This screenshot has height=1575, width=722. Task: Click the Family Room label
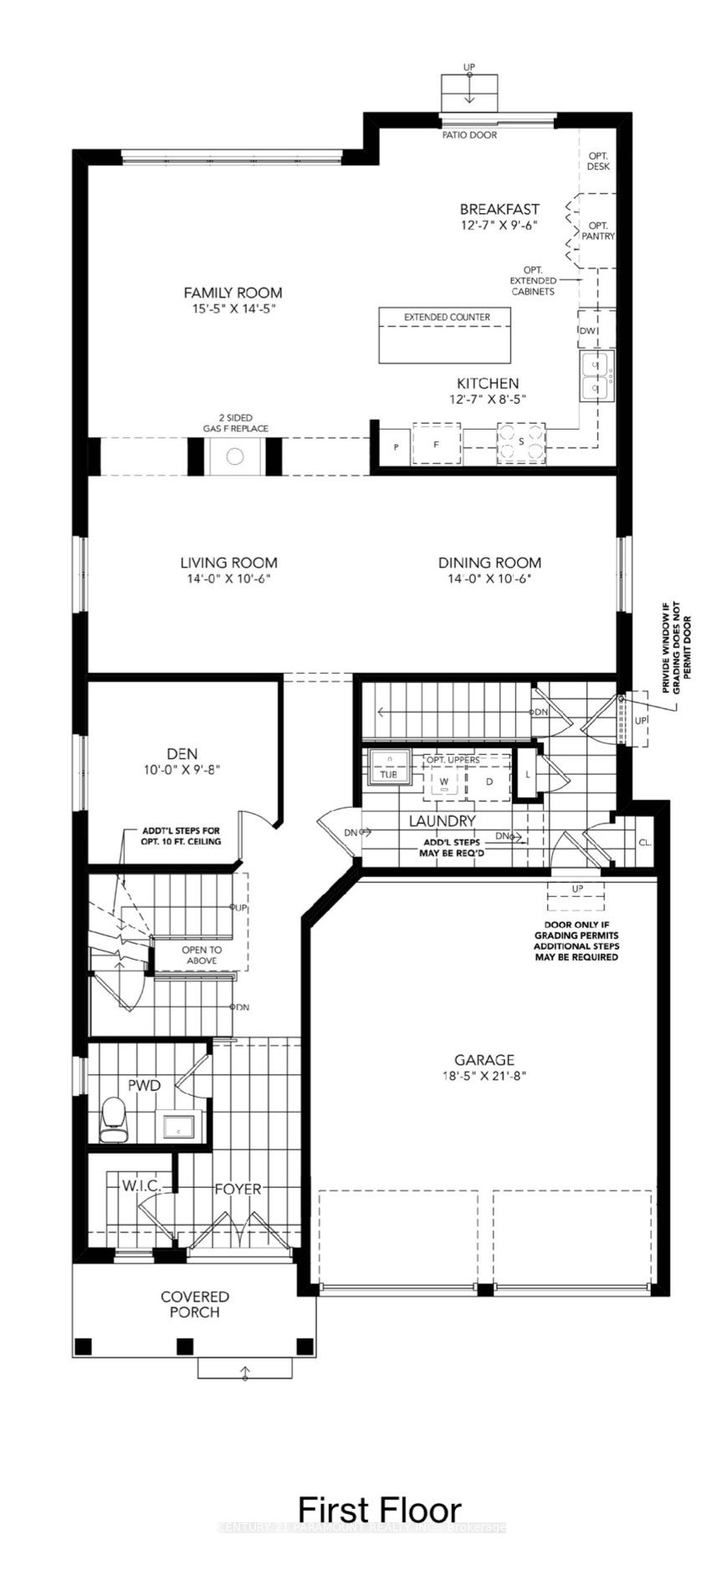(233, 293)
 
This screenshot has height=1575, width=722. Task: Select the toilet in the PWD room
(112, 1119)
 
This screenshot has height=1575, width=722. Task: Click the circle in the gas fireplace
(235, 456)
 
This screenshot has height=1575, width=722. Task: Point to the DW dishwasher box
(587, 330)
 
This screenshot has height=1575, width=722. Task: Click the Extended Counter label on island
(447, 318)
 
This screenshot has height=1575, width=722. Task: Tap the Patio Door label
(469, 135)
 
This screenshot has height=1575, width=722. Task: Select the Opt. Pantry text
(598, 231)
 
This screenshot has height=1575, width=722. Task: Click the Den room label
(182, 753)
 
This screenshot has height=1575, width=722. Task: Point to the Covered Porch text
(195, 1304)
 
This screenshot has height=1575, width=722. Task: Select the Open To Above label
(202, 955)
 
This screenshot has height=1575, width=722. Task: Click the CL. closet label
(645, 843)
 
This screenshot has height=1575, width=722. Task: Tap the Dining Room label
(489, 563)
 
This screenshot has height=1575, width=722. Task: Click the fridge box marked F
(436, 445)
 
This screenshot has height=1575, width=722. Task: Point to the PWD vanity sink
(177, 1127)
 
